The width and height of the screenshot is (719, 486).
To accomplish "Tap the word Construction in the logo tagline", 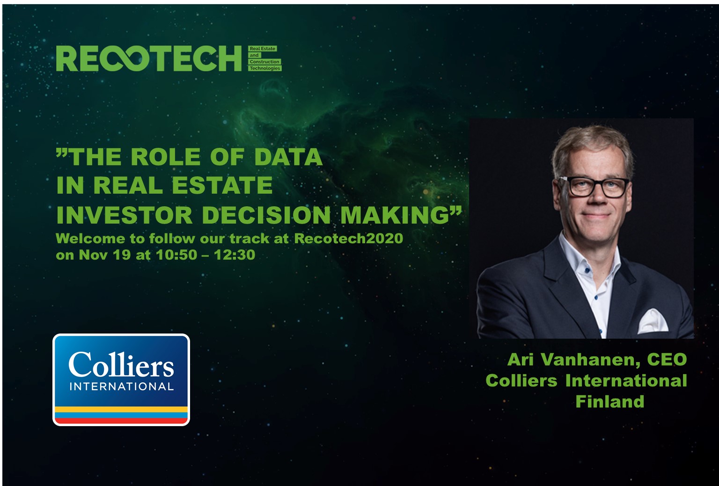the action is [x=264, y=62].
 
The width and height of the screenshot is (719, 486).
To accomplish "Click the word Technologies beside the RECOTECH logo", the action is [x=265, y=68].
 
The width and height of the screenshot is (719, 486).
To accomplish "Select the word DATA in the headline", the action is [x=288, y=157].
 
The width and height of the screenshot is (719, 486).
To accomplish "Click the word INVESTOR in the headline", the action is [x=124, y=215].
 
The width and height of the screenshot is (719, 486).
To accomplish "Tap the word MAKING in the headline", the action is [x=395, y=215].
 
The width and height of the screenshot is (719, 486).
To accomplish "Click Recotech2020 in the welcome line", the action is [x=349, y=239].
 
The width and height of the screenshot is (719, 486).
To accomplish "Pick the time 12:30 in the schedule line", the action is [x=235, y=255].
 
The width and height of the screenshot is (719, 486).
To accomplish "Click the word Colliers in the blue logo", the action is [x=121, y=364].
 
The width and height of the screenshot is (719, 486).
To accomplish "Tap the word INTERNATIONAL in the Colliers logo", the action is [x=122, y=386].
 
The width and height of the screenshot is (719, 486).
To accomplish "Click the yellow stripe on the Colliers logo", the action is [x=121, y=409].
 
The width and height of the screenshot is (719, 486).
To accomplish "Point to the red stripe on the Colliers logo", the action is [x=121, y=421].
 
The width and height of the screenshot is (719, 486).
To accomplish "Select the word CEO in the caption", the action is [x=667, y=360].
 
